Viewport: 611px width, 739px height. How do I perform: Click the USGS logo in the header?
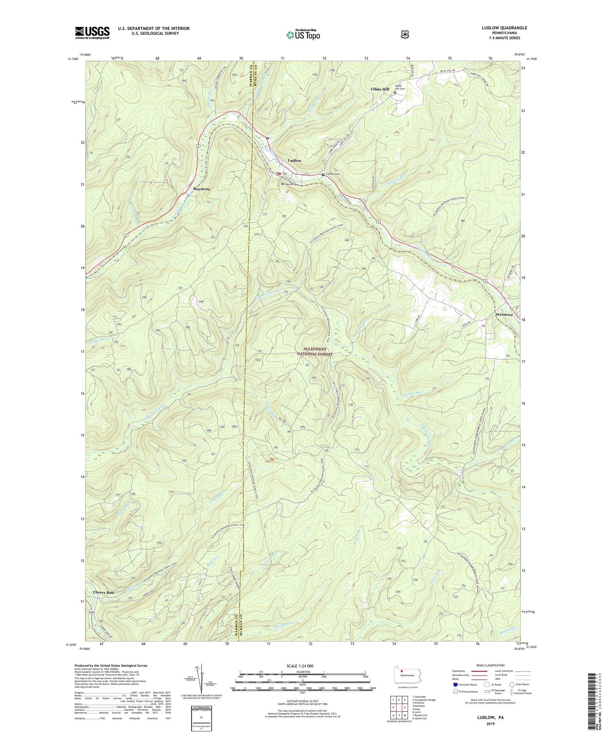92,32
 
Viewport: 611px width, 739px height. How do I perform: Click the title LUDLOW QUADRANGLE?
504,28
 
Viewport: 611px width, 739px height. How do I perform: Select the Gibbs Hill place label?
380,89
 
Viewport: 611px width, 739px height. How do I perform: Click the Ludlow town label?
295,161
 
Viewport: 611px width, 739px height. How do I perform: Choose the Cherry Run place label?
104,593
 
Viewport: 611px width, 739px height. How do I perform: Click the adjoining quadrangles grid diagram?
398,706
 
